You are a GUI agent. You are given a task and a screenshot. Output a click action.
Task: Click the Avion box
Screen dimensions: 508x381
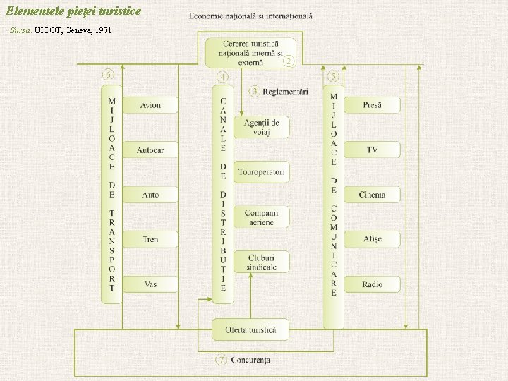click(150, 105)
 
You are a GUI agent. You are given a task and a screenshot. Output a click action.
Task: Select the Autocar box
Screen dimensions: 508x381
click(150, 150)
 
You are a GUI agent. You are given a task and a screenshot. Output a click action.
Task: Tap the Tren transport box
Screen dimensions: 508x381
click(150, 239)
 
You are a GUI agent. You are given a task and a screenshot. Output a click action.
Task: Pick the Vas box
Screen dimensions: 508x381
click(150, 284)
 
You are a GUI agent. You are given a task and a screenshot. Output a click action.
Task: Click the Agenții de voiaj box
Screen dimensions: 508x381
click(262, 128)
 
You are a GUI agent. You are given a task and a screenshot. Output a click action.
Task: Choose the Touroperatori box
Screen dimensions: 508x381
click(262, 172)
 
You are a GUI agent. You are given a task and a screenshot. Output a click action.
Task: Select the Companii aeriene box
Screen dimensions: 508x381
click(262, 217)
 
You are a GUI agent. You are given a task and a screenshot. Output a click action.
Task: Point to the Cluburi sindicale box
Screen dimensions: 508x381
click(262, 262)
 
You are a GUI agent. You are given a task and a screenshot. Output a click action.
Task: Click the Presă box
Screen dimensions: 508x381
click(373, 105)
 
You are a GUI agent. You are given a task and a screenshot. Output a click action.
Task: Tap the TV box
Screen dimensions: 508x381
click(373, 150)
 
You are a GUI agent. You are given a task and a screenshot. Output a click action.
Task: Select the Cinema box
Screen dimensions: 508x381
click(373, 195)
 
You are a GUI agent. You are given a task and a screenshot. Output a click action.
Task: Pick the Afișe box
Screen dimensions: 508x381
click(373, 239)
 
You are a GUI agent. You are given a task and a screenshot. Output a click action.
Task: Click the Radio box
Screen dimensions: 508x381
click(373, 284)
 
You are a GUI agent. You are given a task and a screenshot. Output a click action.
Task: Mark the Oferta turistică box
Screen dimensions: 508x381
click(251, 329)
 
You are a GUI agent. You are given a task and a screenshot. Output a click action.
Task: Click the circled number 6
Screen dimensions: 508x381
click(109, 74)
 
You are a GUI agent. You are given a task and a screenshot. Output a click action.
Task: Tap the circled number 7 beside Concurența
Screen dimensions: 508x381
click(222, 360)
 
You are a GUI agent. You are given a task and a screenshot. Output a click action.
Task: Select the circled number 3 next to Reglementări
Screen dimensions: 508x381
click(254, 91)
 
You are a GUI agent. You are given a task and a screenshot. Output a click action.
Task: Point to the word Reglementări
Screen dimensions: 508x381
click(285, 91)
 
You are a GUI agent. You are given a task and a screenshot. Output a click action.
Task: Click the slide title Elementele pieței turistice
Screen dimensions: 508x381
click(73, 11)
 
